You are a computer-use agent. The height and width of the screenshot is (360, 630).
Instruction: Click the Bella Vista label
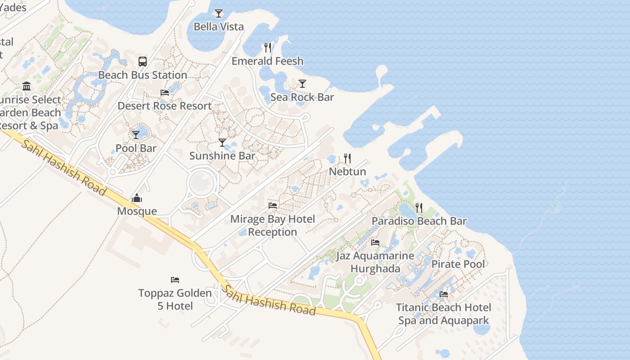tap(219, 27)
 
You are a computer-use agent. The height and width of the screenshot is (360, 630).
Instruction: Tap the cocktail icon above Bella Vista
tap(219, 13)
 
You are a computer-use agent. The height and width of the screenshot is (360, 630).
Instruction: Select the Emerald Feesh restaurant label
tap(267, 61)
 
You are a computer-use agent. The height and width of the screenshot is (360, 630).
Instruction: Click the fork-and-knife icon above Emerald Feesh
tap(268, 48)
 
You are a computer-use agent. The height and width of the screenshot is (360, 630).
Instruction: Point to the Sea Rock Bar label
tap(302, 97)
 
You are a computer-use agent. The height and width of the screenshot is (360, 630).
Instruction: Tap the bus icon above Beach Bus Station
tap(143, 62)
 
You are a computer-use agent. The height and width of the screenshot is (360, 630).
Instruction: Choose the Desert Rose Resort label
tap(164, 106)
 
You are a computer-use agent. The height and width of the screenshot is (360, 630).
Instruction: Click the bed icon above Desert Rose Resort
tap(165, 93)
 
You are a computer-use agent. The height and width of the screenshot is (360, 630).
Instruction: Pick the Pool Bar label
tap(136, 148)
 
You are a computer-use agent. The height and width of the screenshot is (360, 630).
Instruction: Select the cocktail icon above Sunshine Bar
tap(222, 143)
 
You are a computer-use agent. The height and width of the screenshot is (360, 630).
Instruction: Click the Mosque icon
tap(137, 198)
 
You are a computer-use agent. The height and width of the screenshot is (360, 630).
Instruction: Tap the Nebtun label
tap(347, 171)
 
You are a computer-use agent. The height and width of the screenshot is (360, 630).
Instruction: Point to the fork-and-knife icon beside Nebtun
tap(347, 158)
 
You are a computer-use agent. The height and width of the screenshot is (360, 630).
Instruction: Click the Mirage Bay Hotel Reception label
tap(273, 225)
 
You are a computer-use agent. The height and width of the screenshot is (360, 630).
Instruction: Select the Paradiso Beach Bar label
tap(419, 221)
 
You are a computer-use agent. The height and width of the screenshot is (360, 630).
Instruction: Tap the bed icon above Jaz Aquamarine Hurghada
tap(375, 243)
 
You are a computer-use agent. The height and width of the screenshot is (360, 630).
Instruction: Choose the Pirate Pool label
tap(458, 264)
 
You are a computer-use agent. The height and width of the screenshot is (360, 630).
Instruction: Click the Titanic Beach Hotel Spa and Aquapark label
tap(443, 314)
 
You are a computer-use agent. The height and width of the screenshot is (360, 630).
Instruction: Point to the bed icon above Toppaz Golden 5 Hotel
tap(175, 280)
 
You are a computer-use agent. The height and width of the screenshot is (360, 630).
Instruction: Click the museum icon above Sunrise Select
tap(27, 86)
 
